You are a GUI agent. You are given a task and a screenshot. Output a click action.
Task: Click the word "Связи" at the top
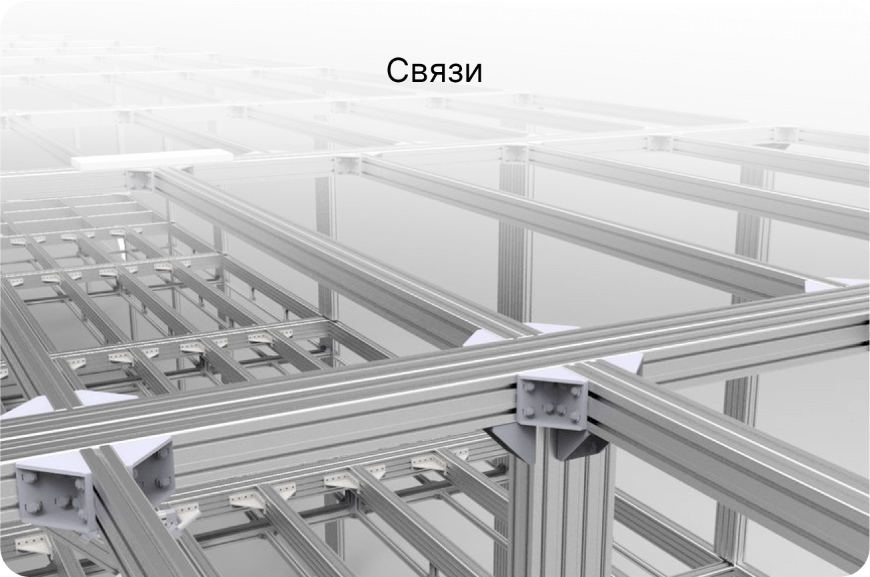(x=434, y=71)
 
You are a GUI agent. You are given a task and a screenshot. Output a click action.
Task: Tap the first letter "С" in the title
(x=396, y=71)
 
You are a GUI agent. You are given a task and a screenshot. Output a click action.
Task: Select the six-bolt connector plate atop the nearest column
(x=551, y=402)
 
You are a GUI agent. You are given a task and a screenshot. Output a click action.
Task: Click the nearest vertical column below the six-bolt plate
(x=563, y=507)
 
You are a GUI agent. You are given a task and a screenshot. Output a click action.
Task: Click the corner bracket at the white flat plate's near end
(x=140, y=179)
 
